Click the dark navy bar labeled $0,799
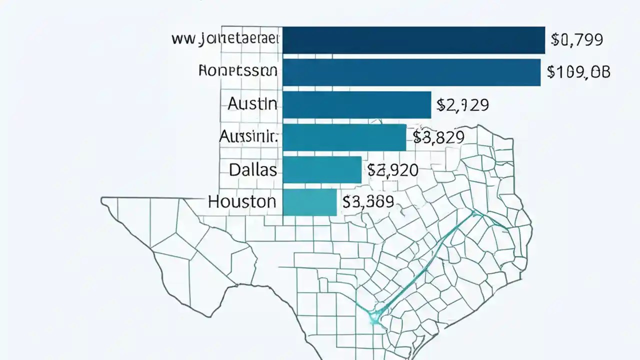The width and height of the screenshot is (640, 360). [x=413, y=40]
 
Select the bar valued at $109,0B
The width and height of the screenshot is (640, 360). [x=411, y=72]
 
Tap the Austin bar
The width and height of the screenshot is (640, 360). [x=356, y=104]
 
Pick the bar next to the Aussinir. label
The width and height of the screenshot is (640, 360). [x=344, y=137]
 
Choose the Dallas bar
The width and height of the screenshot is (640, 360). [x=321, y=169]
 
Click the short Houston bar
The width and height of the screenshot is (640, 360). [x=309, y=202]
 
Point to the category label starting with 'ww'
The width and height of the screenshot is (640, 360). [x=225, y=39]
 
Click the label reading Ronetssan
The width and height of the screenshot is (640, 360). [x=237, y=71]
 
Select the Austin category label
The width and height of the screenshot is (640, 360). [x=252, y=103]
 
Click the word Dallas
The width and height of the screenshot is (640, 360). [x=253, y=169]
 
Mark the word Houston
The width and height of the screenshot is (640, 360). [x=242, y=202]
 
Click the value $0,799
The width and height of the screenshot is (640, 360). [x=576, y=39]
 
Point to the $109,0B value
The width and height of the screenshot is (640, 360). [x=578, y=72]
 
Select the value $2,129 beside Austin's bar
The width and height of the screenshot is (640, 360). [x=462, y=104]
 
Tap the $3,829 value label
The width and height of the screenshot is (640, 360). [x=438, y=137]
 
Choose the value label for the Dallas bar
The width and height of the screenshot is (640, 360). [x=393, y=170]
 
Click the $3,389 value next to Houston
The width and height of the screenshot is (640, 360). [x=368, y=202]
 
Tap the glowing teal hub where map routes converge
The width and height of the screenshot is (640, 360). [x=374, y=315]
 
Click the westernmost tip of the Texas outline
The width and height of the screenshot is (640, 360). [x=102, y=201]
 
